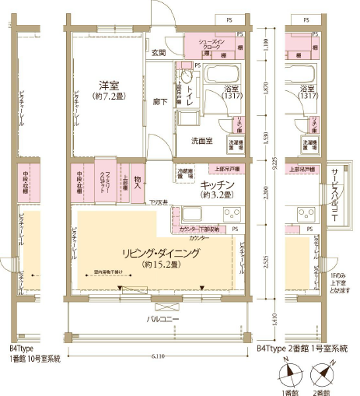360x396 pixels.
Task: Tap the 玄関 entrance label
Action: coord(159,53)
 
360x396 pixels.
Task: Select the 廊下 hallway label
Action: coord(159,102)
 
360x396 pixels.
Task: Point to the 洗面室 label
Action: coord(203,140)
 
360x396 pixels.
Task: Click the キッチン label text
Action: coord(217,184)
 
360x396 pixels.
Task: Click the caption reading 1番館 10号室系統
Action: coord(34,360)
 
